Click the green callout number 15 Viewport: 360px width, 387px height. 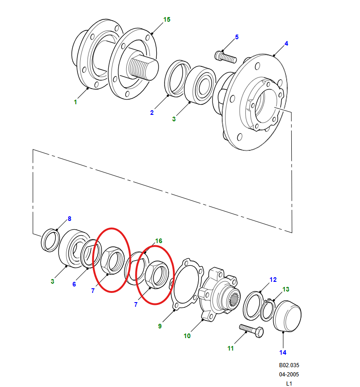tap(167, 19)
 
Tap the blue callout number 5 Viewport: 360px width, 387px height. tap(237, 37)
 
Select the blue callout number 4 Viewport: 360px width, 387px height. tap(286, 43)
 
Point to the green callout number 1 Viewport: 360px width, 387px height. tap(76, 102)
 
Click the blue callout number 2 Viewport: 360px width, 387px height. tap(152, 113)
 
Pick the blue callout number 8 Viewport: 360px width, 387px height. tap(70, 219)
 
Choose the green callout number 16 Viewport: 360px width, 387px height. tap(159, 241)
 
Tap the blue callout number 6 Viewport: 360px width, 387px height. tap(74, 284)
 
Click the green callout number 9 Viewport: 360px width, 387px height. tap(160, 326)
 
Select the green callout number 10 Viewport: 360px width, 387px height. tap(187, 336)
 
